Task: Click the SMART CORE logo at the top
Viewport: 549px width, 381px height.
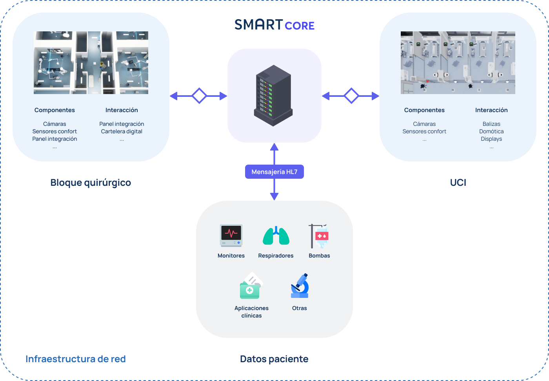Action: pos(274,25)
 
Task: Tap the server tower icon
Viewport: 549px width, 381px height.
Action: pos(273,95)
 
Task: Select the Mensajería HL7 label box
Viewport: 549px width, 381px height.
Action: pos(274,172)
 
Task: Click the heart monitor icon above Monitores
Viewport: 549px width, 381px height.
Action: pos(231,235)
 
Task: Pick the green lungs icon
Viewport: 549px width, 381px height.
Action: pos(276,236)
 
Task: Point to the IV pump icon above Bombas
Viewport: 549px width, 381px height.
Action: pos(319,236)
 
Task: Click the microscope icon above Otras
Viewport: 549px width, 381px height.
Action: pos(300,286)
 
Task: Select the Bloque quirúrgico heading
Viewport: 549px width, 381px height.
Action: pos(91,182)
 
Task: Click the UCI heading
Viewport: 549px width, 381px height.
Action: pos(458,182)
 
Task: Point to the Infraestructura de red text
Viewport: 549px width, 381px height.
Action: pos(75,359)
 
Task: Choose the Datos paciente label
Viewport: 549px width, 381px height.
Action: pos(274,359)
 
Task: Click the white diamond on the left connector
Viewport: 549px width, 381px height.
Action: pos(199,96)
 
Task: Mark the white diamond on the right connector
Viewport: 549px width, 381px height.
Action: pos(351,96)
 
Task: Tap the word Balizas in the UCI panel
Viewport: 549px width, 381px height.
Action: pos(491,124)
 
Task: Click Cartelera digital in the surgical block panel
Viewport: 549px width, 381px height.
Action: pos(122,131)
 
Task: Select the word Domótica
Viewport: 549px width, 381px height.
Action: pos(491,131)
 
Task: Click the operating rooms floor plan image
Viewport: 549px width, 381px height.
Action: pos(91,63)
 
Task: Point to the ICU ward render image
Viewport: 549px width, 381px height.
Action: pos(458,63)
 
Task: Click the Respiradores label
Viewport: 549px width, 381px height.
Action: pos(276,256)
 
